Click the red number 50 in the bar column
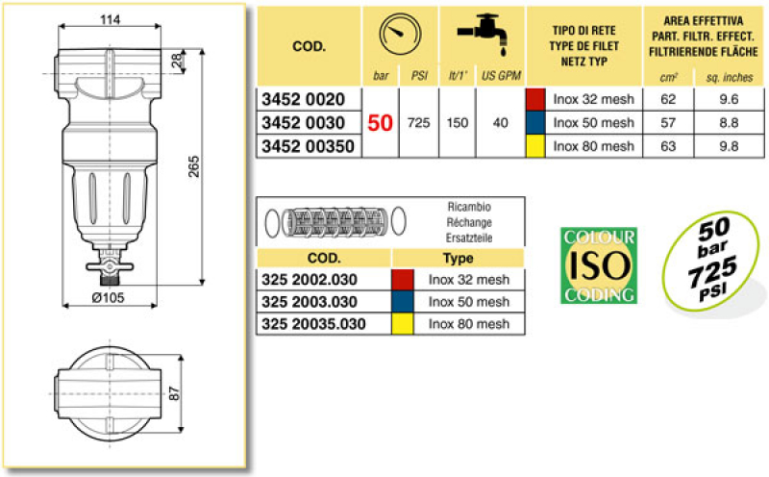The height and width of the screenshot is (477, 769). [381, 123]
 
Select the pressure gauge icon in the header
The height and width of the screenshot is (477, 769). [399, 36]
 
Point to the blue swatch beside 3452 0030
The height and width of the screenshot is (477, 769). [536, 123]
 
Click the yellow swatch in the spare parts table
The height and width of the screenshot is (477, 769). [403, 324]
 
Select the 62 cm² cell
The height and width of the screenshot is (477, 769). [669, 99]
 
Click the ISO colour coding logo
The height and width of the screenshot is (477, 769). [598, 265]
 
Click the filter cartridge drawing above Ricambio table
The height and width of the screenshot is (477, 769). [328, 223]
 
